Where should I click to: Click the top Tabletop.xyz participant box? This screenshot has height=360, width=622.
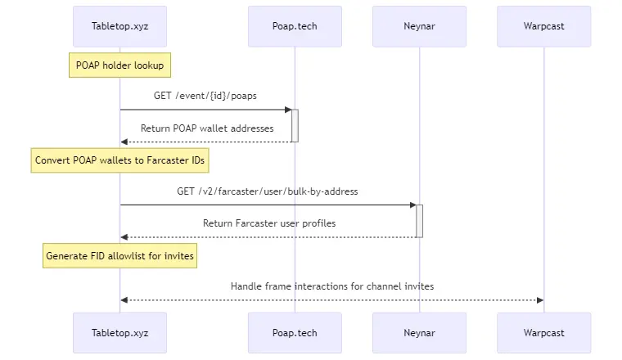(x=119, y=26)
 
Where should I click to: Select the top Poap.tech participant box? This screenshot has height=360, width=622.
(x=295, y=26)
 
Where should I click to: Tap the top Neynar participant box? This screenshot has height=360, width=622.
(x=419, y=26)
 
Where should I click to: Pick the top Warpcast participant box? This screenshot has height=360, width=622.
(x=543, y=26)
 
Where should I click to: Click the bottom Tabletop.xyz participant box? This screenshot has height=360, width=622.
(x=119, y=332)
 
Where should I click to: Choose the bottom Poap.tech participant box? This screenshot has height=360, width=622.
(x=295, y=332)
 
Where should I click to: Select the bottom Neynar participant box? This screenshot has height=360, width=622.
(x=419, y=332)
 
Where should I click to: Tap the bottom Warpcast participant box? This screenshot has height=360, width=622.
(x=543, y=332)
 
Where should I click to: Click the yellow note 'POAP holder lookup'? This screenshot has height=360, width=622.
(x=119, y=65)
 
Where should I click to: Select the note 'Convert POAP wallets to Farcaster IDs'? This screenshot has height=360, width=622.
(x=119, y=160)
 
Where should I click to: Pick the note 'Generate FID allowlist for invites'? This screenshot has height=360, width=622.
(x=119, y=256)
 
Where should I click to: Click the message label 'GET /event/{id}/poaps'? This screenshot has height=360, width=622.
(x=205, y=96)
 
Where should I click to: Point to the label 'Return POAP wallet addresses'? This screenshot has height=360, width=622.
(x=207, y=128)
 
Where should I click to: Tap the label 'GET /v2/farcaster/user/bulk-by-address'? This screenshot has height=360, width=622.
(x=268, y=191)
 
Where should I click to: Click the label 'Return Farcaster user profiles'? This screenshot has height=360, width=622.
(x=269, y=223)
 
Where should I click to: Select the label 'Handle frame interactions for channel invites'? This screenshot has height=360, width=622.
(x=332, y=286)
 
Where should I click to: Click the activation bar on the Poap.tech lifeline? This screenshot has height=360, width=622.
(x=295, y=125)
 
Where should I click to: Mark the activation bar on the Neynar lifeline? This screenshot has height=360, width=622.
(x=419, y=221)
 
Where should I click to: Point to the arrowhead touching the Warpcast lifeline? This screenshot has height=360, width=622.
(x=539, y=300)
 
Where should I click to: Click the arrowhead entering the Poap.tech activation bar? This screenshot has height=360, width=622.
(x=287, y=110)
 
